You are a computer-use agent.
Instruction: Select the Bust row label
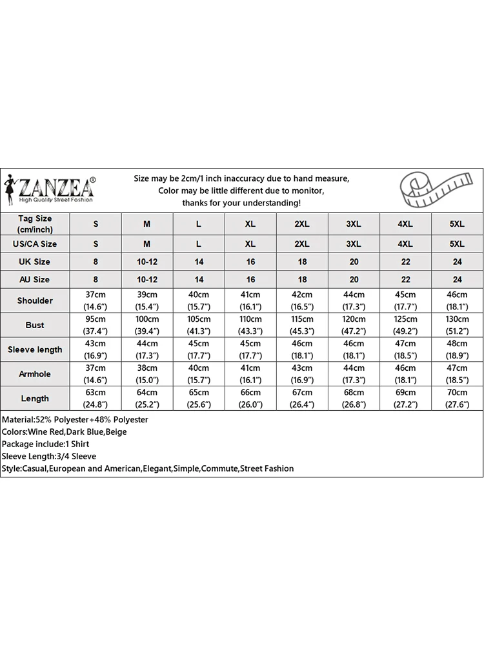[x=35, y=325]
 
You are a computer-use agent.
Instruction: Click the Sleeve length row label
[x=35, y=349]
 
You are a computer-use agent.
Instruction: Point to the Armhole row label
[x=35, y=374]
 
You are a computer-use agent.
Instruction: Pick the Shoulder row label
[x=35, y=300]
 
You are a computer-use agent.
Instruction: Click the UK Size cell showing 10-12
[x=147, y=262]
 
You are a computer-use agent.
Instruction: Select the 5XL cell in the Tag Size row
[x=457, y=224]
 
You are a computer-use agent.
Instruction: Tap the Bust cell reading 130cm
[x=457, y=325]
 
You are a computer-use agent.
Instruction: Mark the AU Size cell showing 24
[x=457, y=280]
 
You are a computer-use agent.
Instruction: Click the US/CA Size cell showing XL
[x=250, y=244]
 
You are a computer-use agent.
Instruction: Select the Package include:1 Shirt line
[x=45, y=444]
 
